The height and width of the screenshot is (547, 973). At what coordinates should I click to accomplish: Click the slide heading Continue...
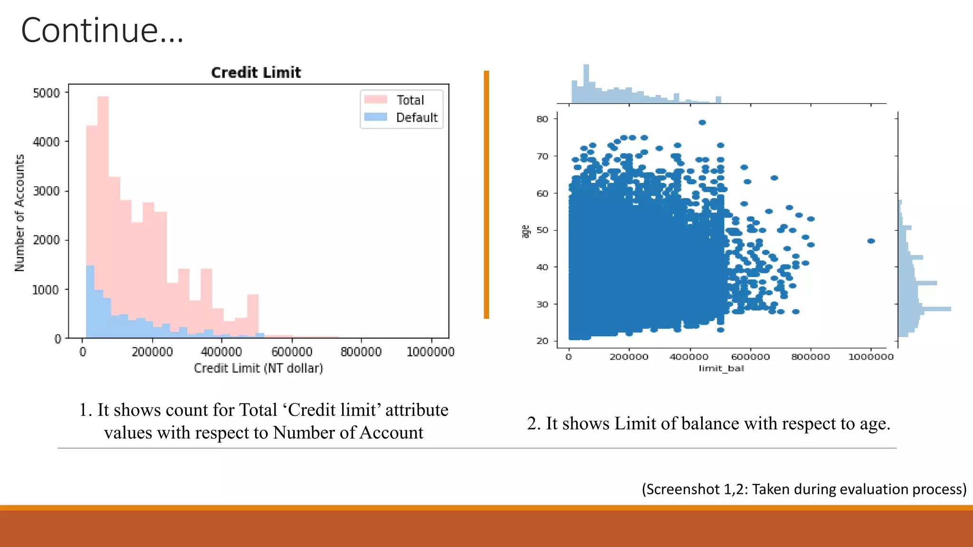pyautogui.click(x=102, y=30)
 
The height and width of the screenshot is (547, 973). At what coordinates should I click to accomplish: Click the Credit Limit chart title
pyautogui.click(x=256, y=73)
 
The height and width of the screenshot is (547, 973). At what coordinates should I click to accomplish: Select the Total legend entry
pyautogui.click(x=410, y=100)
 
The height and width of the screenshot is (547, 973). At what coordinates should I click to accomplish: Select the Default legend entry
pyautogui.click(x=416, y=118)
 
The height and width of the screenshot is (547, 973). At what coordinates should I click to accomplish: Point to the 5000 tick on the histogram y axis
pyautogui.click(x=46, y=93)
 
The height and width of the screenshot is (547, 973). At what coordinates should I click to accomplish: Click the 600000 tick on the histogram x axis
pyautogui.click(x=292, y=352)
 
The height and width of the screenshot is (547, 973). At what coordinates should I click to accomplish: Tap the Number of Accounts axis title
pyautogui.click(x=19, y=213)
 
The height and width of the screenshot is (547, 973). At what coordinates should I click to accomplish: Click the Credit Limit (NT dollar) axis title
pyautogui.click(x=258, y=368)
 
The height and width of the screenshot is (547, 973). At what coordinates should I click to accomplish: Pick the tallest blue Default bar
pyautogui.click(x=90, y=299)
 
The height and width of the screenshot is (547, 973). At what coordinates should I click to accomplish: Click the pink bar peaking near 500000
pyautogui.click(x=253, y=313)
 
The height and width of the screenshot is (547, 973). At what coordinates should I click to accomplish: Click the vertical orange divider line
pyautogui.click(x=486, y=195)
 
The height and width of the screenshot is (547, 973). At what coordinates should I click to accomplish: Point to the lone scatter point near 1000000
pyautogui.click(x=871, y=241)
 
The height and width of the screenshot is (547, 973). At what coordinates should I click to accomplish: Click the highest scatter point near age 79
pyautogui.click(x=702, y=123)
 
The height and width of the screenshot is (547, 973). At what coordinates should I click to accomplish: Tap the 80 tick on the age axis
pyautogui.click(x=542, y=119)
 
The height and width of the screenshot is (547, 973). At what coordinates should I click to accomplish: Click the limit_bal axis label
pyautogui.click(x=721, y=368)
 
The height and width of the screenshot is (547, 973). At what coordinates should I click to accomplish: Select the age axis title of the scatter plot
pyautogui.click(x=525, y=231)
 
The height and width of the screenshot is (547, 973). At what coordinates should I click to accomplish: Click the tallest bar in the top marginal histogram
pyautogui.click(x=586, y=83)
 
